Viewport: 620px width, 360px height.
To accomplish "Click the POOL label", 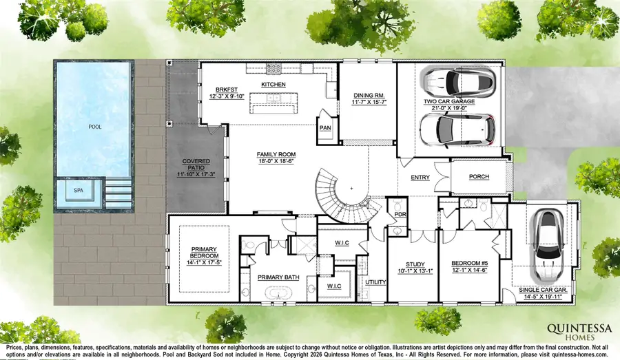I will [94, 127].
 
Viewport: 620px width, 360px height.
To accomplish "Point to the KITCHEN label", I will [273, 84].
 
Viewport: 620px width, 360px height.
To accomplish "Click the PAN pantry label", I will [324, 128].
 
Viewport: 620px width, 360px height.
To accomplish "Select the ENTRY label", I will [420, 177].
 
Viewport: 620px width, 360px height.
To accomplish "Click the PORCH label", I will [478, 177].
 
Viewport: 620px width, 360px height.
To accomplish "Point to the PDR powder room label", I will [398, 215].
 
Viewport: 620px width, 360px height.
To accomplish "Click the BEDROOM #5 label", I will [471, 264].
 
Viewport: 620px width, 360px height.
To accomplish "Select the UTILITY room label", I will [375, 282].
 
